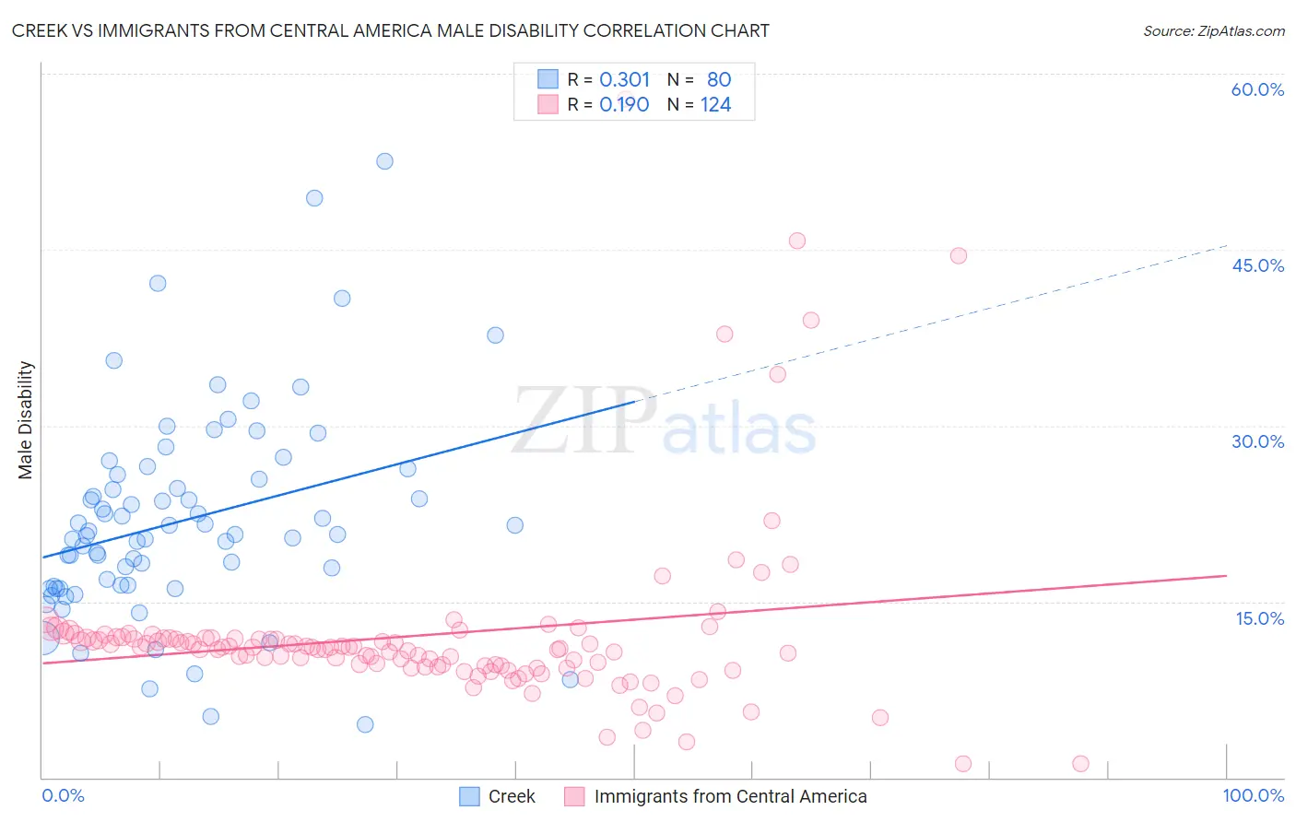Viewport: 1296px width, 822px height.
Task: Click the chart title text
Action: (390, 30)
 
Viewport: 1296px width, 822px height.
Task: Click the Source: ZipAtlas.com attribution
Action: (1213, 30)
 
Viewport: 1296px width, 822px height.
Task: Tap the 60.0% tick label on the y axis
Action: (1257, 89)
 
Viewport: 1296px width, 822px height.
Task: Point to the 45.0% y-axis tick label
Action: (1257, 265)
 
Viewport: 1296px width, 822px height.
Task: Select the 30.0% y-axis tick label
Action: (1257, 441)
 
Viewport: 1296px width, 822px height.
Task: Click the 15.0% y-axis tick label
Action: (1259, 617)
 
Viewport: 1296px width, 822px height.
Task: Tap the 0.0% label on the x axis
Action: (63, 795)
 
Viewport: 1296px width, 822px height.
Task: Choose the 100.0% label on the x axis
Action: (1253, 795)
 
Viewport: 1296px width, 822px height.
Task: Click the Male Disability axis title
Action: (26, 419)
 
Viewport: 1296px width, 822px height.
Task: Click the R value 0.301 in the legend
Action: (624, 79)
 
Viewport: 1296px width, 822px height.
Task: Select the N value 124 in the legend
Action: (715, 104)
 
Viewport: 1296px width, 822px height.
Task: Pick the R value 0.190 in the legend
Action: (624, 104)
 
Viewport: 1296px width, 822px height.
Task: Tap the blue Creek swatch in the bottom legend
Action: (469, 796)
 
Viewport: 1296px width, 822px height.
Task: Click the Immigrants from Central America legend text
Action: (730, 796)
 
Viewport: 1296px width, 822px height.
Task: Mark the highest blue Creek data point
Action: (384, 161)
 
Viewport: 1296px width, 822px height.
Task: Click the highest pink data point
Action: (797, 241)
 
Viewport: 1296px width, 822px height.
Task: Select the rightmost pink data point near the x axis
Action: (1081, 763)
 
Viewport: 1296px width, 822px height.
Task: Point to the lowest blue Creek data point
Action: (365, 724)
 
